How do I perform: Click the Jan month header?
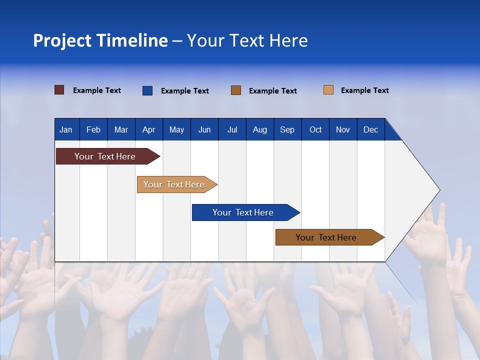point(66,129)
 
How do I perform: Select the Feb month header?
point(93,129)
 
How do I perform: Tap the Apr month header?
point(148,129)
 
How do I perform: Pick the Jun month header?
point(204,129)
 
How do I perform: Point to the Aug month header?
point(259,129)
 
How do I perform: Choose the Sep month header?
point(287,129)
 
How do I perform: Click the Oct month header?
point(315,129)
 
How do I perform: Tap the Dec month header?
point(370,129)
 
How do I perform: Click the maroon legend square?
point(59,90)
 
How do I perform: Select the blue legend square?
point(147,90)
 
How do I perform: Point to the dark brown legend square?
point(236,90)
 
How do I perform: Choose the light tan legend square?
point(328,90)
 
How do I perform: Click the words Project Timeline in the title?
point(100,40)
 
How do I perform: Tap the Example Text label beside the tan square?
point(364,90)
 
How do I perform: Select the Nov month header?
point(343,129)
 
